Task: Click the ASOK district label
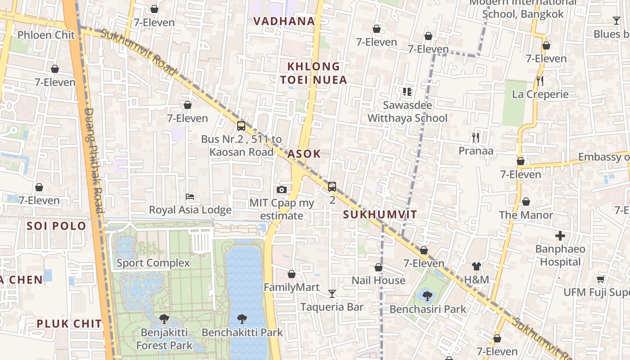pyautogui.click(x=304, y=154)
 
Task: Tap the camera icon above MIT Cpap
pyautogui.click(x=282, y=189)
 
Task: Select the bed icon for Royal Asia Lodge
pyautogui.click(x=190, y=197)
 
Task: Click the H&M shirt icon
pyautogui.click(x=477, y=266)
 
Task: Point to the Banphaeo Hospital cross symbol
pyautogui.click(x=560, y=235)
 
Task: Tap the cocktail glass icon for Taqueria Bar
pyautogui.click(x=332, y=294)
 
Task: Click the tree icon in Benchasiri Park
pyautogui.click(x=427, y=296)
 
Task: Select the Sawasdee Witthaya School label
pyautogui.click(x=407, y=112)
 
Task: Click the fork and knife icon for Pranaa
pyautogui.click(x=476, y=137)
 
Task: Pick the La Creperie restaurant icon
pyautogui.click(x=540, y=81)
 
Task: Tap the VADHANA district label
pyautogui.click(x=284, y=21)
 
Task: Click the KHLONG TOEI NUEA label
pyautogui.click(x=314, y=73)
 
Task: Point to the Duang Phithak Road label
pyautogui.click(x=94, y=160)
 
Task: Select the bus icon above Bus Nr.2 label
pyautogui.click(x=241, y=126)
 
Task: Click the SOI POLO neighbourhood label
pyautogui.click(x=56, y=226)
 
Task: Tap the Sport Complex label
pyautogui.click(x=153, y=263)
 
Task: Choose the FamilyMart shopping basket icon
pyautogui.click(x=292, y=274)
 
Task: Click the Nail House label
pyautogui.click(x=378, y=280)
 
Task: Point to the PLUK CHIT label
pyautogui.click(x=69, y=324)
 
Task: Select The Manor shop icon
pyautogui.click(x=526, y=202)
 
